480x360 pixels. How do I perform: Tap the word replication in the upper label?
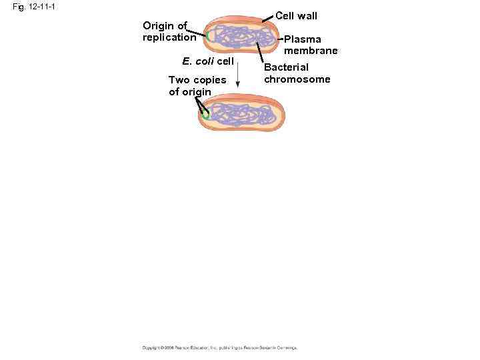[169, 37]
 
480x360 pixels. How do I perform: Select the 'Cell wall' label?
[296, 15]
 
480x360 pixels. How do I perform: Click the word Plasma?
[302, 39]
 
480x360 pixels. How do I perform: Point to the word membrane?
[311, 51]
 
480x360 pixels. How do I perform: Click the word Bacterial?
[286, 67]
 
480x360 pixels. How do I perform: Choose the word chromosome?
[297, 79]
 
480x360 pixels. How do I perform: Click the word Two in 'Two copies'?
[179, 80]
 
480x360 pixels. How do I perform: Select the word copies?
[210, 80]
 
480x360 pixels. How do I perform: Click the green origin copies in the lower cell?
[205, 115]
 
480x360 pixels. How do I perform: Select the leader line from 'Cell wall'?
[268, 19]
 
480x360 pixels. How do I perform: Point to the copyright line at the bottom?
[219, 347]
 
